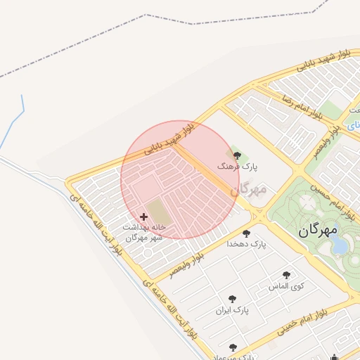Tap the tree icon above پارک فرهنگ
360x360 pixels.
point(236,155)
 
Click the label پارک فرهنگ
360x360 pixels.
point(240,167)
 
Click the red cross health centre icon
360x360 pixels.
point(144,217)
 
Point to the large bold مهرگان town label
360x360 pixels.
point(317,230)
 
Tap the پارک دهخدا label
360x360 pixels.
point(247,244)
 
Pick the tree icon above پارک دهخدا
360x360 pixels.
point(246,233)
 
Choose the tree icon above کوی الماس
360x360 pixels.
point(286,276)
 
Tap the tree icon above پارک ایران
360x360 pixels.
point(232,299)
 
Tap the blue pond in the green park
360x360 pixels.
point(340,245)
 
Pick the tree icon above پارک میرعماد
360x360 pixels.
point(233,347)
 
